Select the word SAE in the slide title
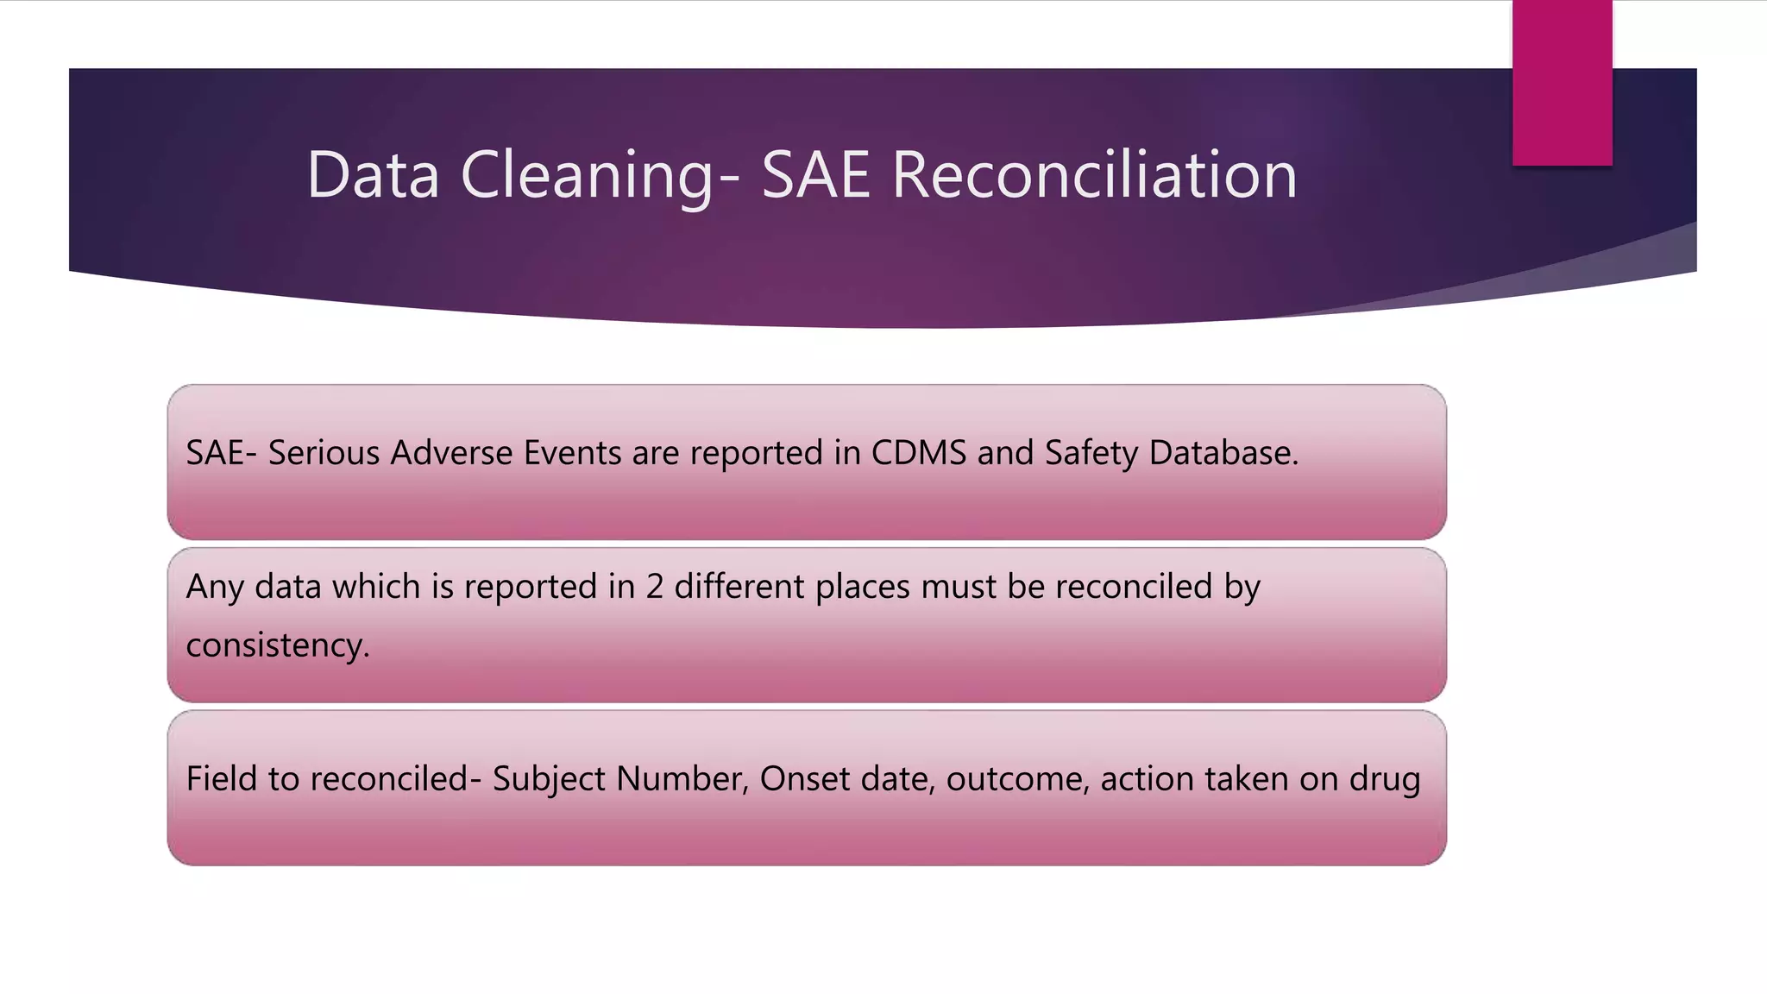pos(815,175)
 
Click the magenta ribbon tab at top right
pos(1562,82)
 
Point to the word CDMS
pos(919,453)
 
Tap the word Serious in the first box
pos(324,453)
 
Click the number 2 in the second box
pos(655,587)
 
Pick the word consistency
pos(277,645)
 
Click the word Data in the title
pos(373,175)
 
